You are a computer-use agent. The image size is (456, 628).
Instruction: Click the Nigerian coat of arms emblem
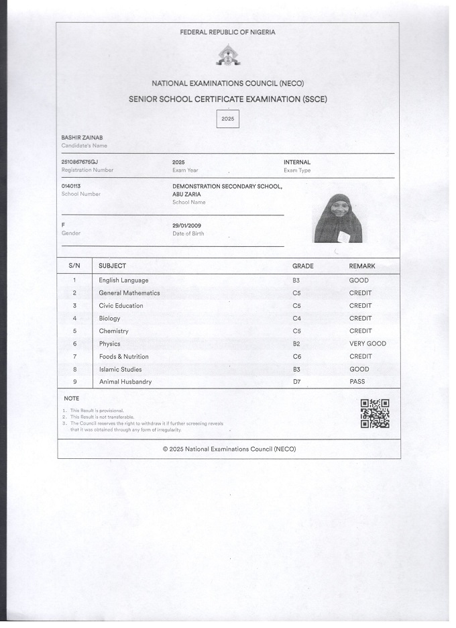coord(228,56)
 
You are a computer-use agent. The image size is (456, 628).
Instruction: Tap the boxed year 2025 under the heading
coord(228,119)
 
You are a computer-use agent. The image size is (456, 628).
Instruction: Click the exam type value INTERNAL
coord(297,162)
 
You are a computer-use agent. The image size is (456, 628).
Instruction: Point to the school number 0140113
coord(70,186)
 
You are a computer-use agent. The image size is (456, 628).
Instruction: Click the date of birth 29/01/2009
coord(187,225)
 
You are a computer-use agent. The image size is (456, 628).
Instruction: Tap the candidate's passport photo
coord(338,218)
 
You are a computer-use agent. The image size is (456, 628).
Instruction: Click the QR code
coord(375,413)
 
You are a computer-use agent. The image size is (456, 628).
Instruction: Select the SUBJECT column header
coord(112,266)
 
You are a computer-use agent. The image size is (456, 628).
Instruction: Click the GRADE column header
coord(302,266)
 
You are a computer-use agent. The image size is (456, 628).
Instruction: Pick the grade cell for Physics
coord(296,344)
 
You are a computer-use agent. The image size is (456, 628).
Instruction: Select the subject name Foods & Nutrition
coord(124,356)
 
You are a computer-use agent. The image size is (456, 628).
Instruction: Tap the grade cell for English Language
coord(296,280)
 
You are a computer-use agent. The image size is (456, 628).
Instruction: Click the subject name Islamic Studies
coord(121,369)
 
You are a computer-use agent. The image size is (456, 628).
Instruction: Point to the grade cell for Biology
coord(296,318)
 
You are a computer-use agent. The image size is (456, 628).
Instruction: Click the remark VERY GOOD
coord(367,344)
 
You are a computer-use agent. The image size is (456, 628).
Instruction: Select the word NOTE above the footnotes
coord(71,399)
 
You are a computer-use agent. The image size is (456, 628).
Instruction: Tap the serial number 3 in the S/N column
coord(74,305)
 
